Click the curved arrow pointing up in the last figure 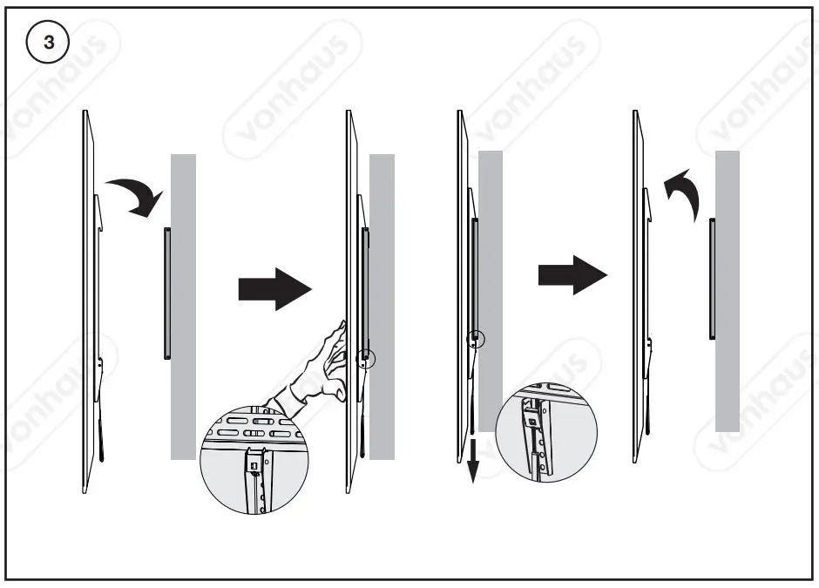click(685, 193)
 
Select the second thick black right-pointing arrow click(572, 275)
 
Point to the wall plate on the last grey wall click(712, 279)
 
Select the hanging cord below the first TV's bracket click(103, 431)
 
